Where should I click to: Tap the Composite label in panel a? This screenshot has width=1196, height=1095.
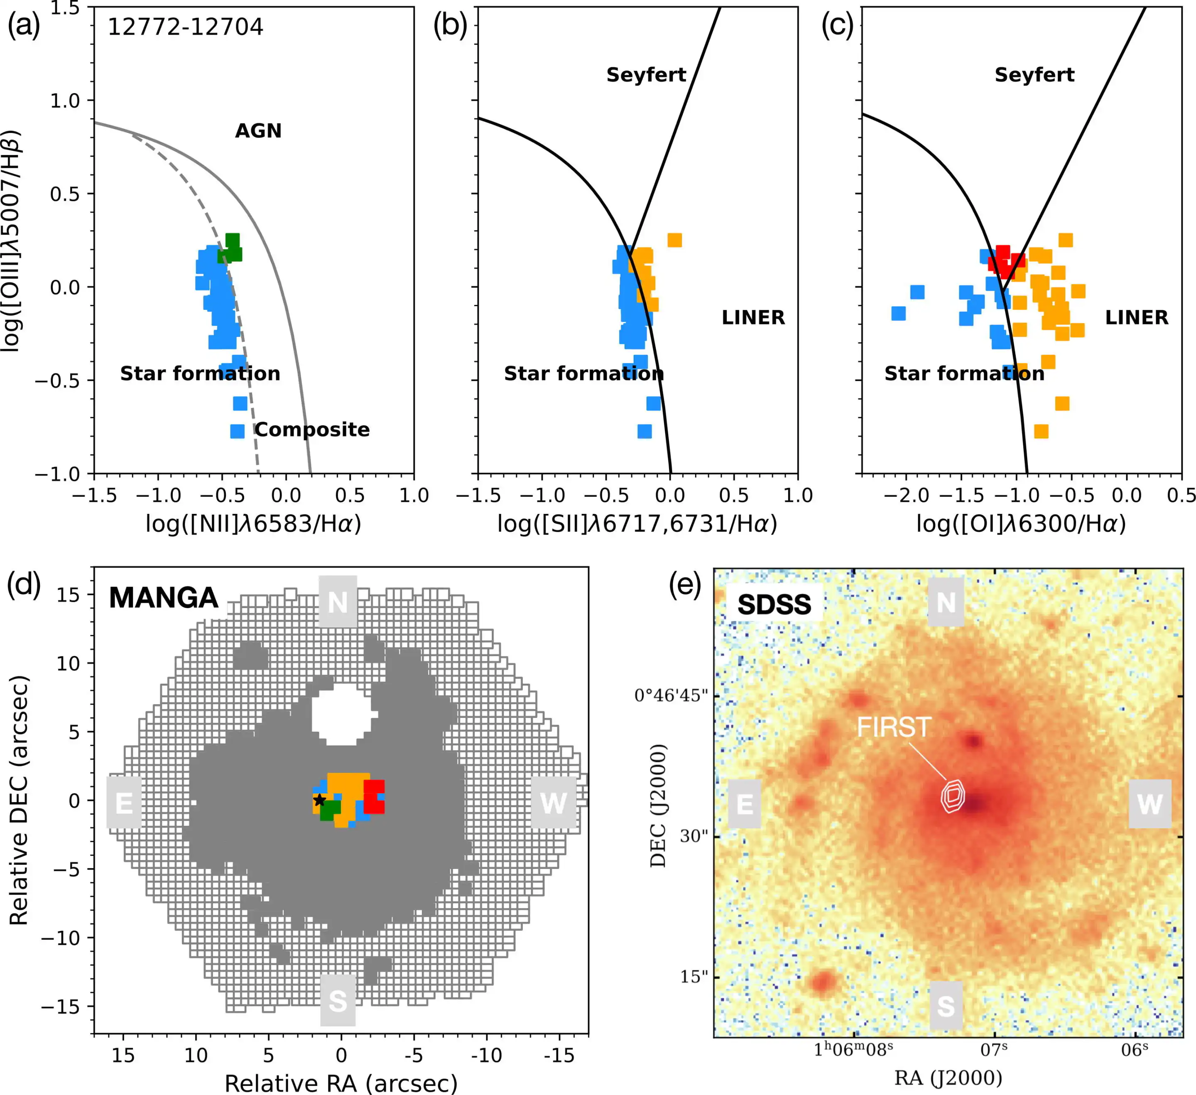point(312,429)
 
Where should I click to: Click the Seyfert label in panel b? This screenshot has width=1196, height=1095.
point(646,75)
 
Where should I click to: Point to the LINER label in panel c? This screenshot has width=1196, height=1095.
point(1136,317)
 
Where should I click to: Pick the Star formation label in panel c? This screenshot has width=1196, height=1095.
point(964,373)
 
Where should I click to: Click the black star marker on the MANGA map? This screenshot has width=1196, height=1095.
point(319,800)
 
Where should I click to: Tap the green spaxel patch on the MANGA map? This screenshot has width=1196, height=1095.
point(330,810)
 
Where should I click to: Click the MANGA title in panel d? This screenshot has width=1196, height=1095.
point(164,598)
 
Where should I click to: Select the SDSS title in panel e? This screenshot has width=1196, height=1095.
point(774,604)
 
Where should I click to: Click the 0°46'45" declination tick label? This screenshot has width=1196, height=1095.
point(671,695)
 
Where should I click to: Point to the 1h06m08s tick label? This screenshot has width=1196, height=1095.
point(853,1049)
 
